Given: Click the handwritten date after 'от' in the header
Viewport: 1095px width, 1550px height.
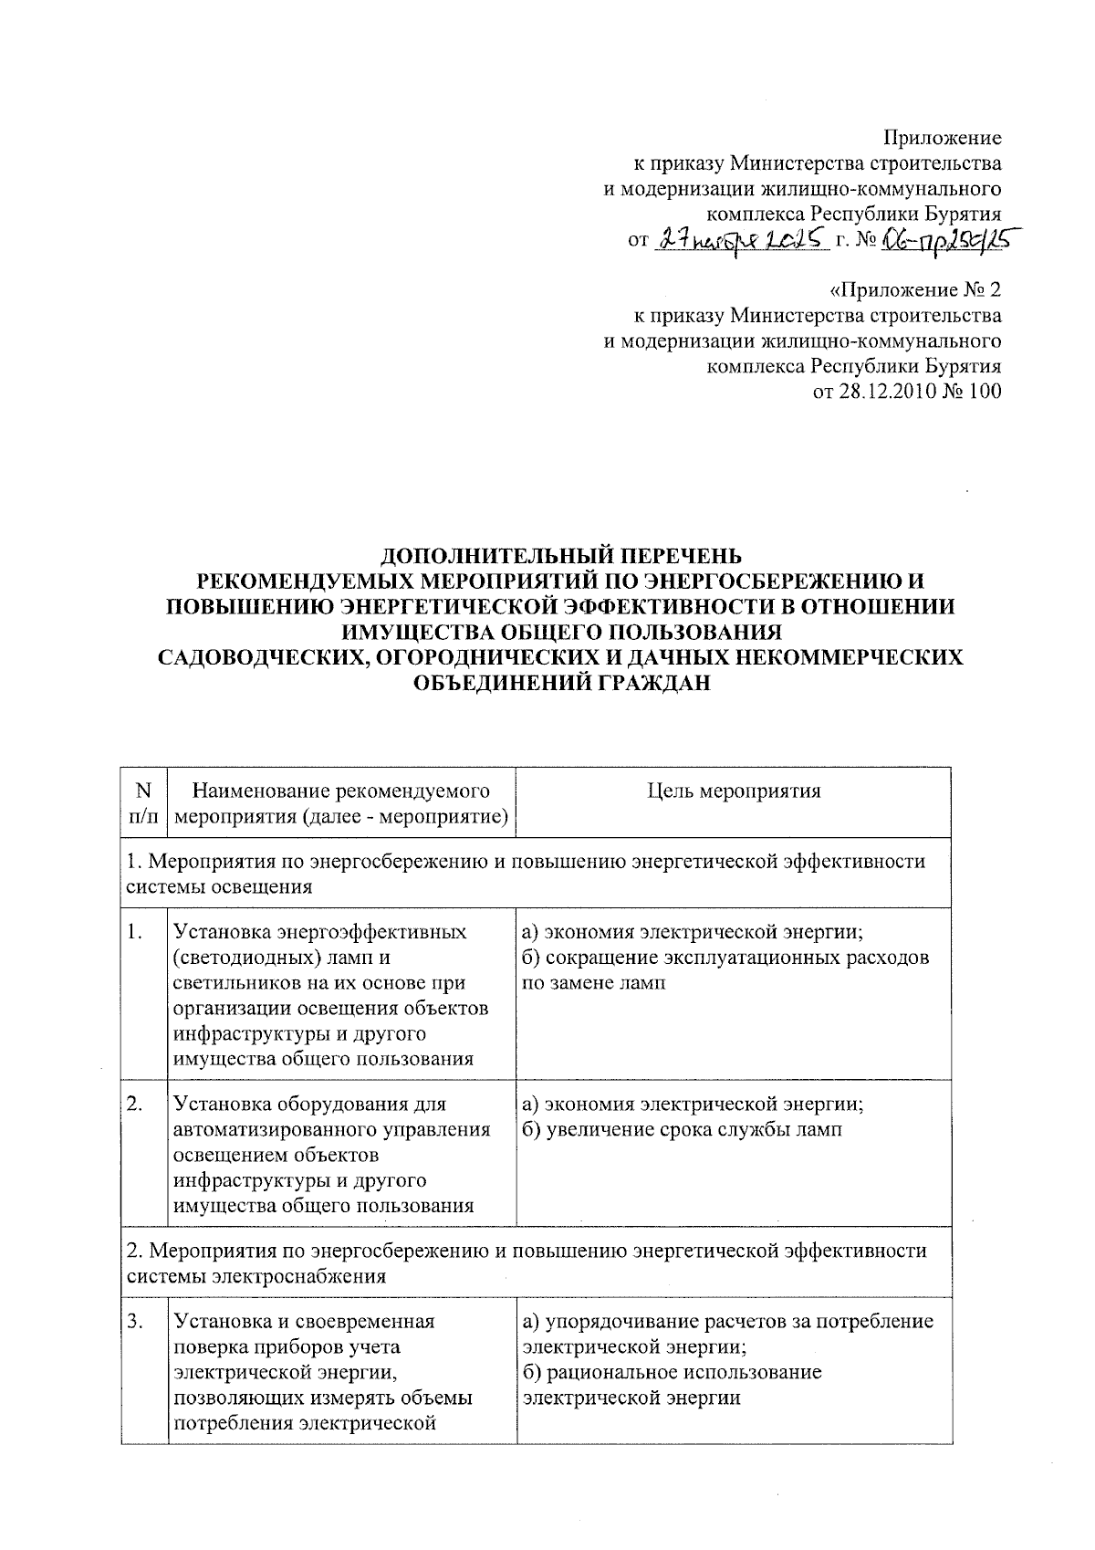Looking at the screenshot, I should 741,239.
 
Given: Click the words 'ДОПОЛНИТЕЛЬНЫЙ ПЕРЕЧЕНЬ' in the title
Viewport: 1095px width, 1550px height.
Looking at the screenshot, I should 561,555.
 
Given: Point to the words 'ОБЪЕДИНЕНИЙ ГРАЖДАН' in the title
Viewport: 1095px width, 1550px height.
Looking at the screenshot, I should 561,683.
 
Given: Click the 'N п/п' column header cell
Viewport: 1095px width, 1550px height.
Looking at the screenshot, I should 143,802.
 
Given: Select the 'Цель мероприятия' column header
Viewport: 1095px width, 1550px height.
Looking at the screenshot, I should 734,791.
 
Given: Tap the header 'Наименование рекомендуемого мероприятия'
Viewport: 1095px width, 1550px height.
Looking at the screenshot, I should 341,802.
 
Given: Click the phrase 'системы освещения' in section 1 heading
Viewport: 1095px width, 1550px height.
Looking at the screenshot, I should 219,887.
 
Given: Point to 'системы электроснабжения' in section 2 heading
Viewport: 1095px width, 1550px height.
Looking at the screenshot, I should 255,1276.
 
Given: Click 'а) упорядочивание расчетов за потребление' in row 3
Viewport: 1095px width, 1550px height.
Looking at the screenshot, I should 727,1321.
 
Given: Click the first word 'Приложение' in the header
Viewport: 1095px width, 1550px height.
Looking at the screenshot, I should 942,138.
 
